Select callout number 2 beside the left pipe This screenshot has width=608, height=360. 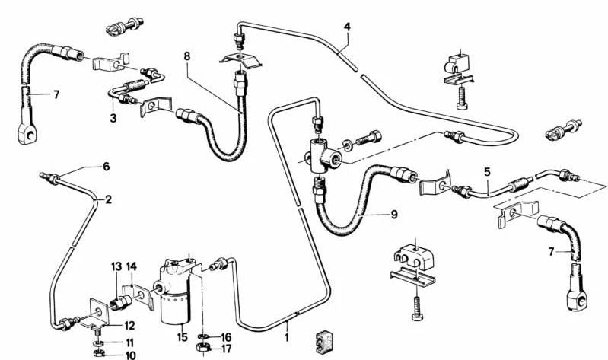coord(108,200)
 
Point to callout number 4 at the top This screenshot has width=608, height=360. coord(347,27)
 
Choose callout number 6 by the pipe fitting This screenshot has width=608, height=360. coord(107,167)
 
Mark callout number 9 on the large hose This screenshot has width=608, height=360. coord(394,215)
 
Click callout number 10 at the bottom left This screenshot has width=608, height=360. coord(110,355)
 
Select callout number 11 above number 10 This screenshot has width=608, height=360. coord(109,342)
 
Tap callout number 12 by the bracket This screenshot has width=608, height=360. coord(109,326)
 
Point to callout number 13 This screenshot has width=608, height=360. coord(116,266)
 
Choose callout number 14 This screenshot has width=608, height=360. coord(132,266)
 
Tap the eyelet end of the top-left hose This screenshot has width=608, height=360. coord(27,135)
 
